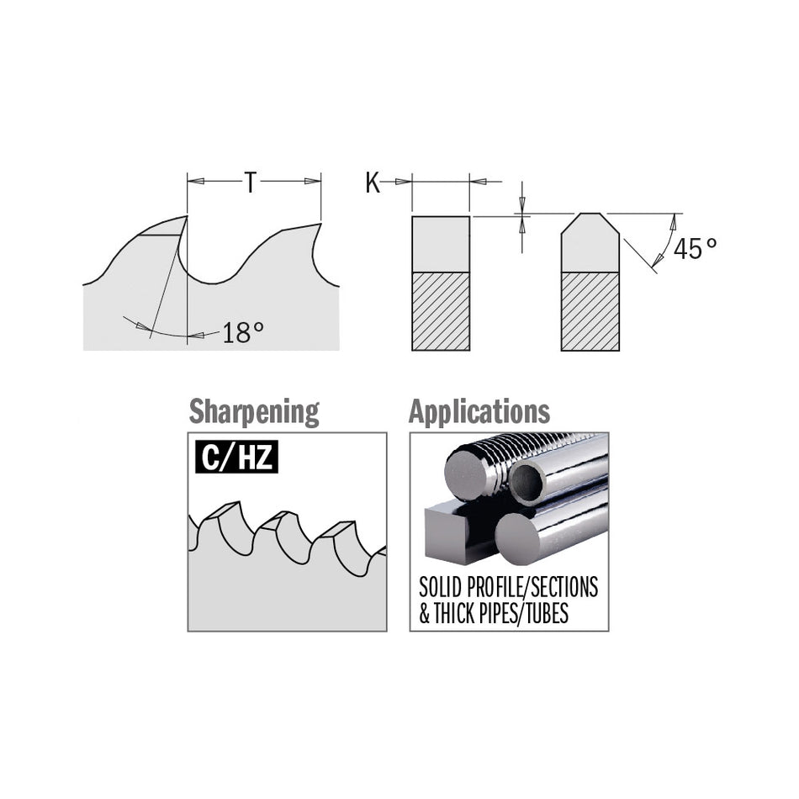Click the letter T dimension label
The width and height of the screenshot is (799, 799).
pos(250,182)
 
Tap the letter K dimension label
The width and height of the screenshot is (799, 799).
pos(373,183)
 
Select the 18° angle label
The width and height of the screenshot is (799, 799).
pos(243,333)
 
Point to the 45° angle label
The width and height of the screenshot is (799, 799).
pos(695,249)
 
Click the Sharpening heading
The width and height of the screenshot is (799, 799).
pos(254,412)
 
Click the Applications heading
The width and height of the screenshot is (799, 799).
pos(479,411)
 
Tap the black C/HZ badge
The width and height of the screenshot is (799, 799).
pos(236,457)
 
